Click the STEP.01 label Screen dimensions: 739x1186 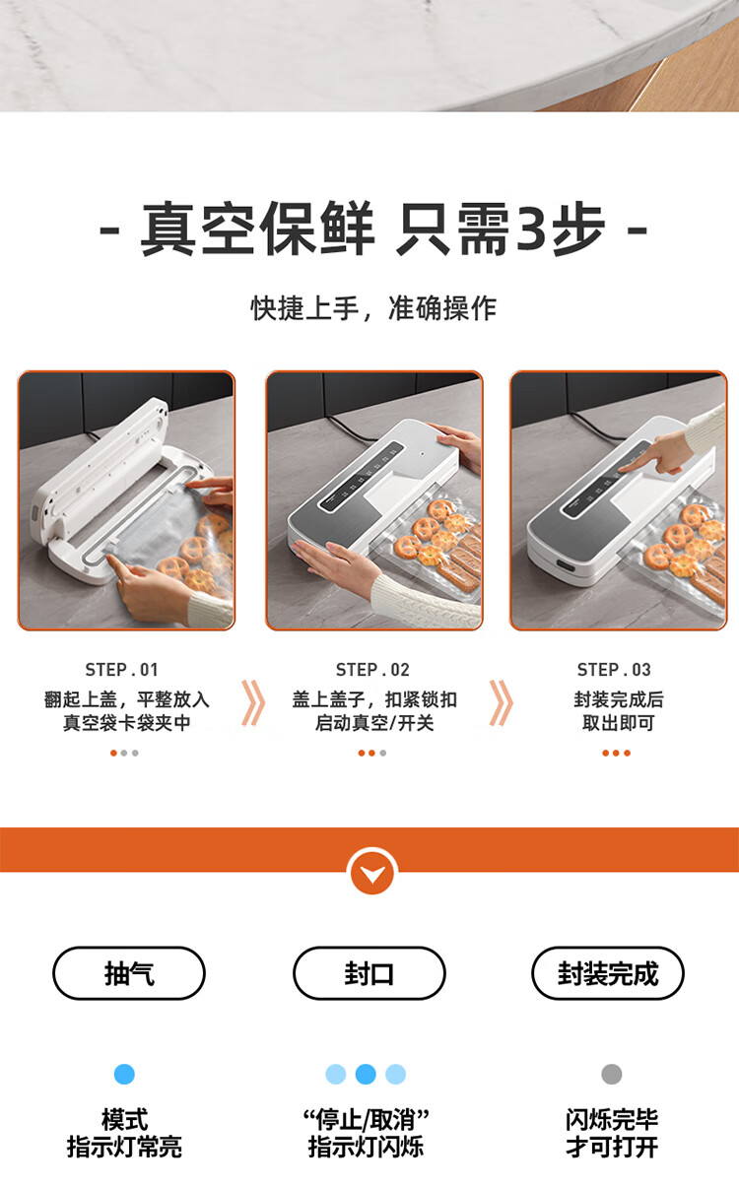pyautogui.click(x=122, y=670)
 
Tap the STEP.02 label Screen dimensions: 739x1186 pyautogui.click(x=372, y=670)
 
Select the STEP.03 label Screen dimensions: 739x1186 pyautogui.click(x=614, y=670)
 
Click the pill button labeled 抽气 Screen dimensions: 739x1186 pyautogui.click(x=129, y=973)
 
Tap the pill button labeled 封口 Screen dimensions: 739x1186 pyautogui.click(x=369, y=973)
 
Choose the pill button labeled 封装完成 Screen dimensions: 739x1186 pyautogui.click(x=608, y=973)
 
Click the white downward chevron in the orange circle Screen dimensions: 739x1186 pyautogui.click(x=372, y=874)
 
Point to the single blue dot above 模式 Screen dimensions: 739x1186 pyautogui.click(x=124, y=1075)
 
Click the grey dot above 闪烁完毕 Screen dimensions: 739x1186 pyautogui.click(x=611, y=1075)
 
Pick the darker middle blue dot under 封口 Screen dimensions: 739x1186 pyautogui.click(x=366, y=1075)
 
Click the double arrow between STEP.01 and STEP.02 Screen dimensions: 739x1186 pyautogui.click(x=253, y=702)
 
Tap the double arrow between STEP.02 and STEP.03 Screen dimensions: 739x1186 pyautogui.click(x=502, y=702)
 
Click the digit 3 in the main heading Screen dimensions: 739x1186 pyautogui.click(x=532, y=228)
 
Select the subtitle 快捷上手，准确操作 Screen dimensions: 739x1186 pyautogui.click(x=373, y=308)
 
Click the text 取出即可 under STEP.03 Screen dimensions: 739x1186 pyautogui.click(x=618, y=723)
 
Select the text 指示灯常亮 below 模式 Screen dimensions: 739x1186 pyautogui.click(x=124, y=1148)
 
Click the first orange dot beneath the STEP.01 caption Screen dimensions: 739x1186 pyautogui.click(x=113, y=753)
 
